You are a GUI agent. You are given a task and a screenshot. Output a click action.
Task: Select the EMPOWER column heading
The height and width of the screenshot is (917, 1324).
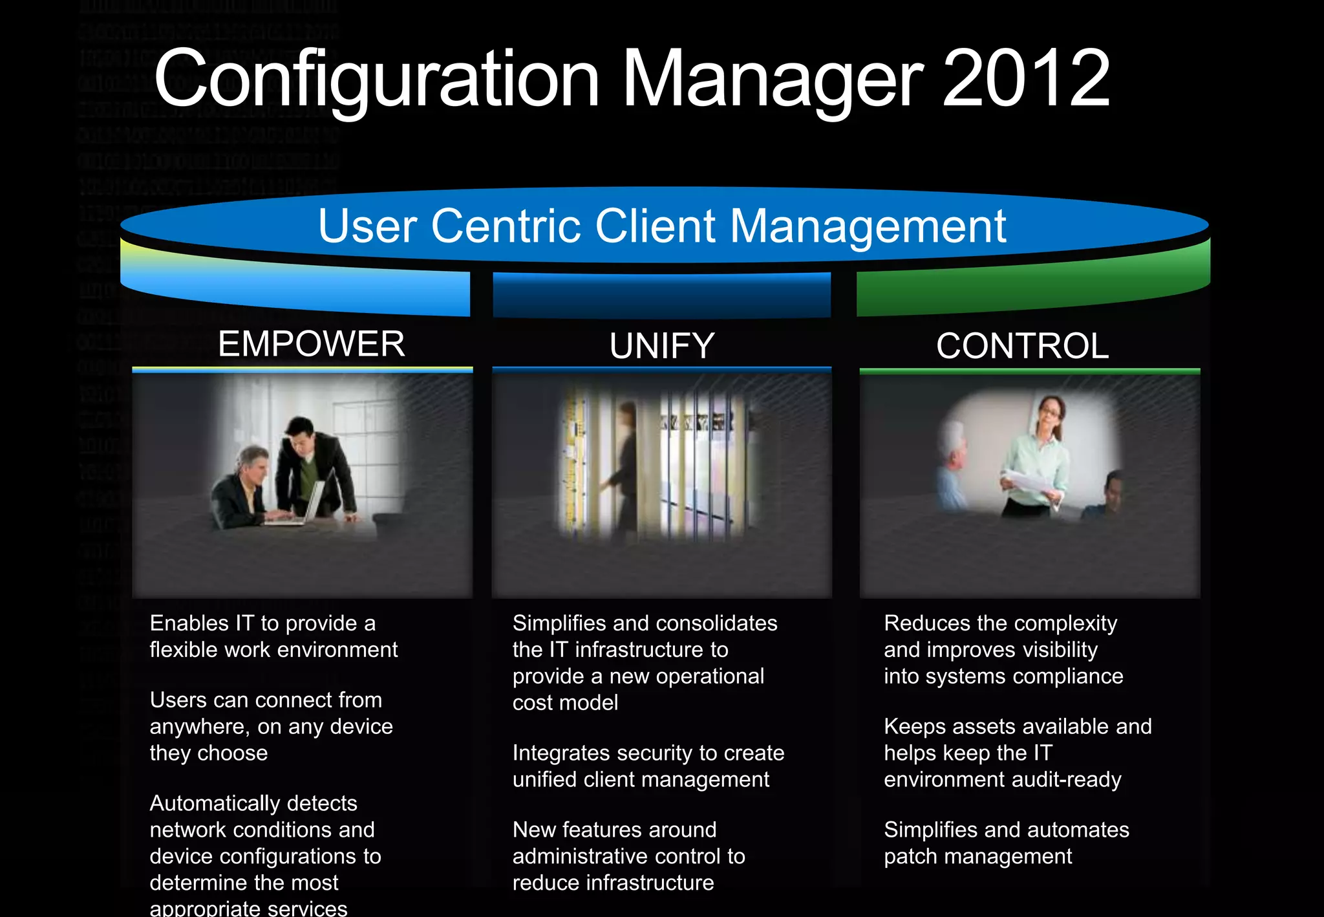311,343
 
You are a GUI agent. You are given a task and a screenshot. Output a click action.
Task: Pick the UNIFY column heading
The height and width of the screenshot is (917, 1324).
661,346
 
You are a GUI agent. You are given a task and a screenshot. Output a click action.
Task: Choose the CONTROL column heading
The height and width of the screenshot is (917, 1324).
1022,346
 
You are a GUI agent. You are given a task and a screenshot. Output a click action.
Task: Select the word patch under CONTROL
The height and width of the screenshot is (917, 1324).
910,856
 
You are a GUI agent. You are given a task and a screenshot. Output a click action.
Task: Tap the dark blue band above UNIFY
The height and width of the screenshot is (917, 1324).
661,296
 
